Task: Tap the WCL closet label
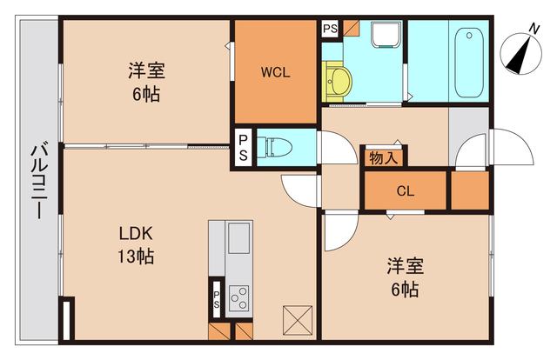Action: click(275, 72)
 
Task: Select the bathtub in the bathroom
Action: click(469, 61)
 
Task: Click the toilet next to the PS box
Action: click(278, 146)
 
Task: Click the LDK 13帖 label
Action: click(137, 245)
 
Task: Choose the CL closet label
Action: click(405, 191)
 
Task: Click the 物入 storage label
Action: click(383, 157)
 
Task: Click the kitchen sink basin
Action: click(238, 237)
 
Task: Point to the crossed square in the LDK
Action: click(296, 319)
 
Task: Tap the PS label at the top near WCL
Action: click(330, 30)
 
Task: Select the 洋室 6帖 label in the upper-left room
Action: click(145, 81)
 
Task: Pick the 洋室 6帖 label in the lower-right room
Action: click(404, 277)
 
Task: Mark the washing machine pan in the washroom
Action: click(384, 36)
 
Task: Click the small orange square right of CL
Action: click(470, 190)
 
